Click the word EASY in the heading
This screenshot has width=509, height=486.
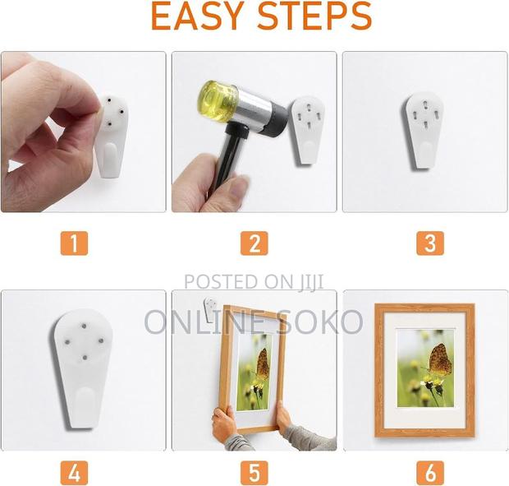click(198, 16)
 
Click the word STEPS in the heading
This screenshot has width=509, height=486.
click(315, 16)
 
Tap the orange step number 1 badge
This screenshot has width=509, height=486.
click(74, 243)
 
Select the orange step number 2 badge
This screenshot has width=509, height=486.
click(254, 243)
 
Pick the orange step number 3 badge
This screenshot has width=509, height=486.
click(430, 243)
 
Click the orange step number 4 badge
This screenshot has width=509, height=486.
click(74, 472)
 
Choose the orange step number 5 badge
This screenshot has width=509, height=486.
click(254, 472)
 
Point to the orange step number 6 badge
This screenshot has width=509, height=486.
click(430, 472)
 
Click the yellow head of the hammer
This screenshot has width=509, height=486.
click(218, 101)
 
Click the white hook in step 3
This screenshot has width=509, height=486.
click(424, 131)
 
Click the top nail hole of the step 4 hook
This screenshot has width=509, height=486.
click(84, 326)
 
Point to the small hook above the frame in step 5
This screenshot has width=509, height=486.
click(210, 309)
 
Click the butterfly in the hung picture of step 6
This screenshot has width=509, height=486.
click(439, 360)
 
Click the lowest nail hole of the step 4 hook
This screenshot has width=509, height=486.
click(85, 358)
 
